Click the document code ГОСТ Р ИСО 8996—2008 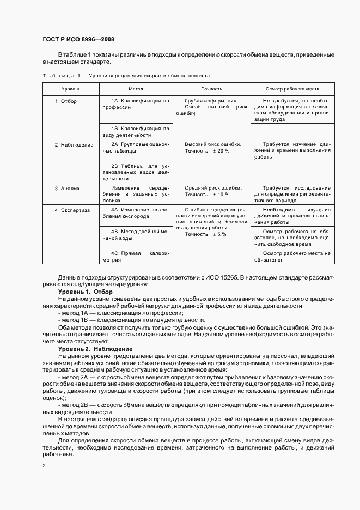(x=78, y=39)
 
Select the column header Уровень (x=71, y=88)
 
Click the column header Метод (x=136, y=88)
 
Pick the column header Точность (x=211, y=88)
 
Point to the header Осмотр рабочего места (x=292, y=88)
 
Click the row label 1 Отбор (x=66, y=101)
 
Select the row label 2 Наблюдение (x=74, y=145)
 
